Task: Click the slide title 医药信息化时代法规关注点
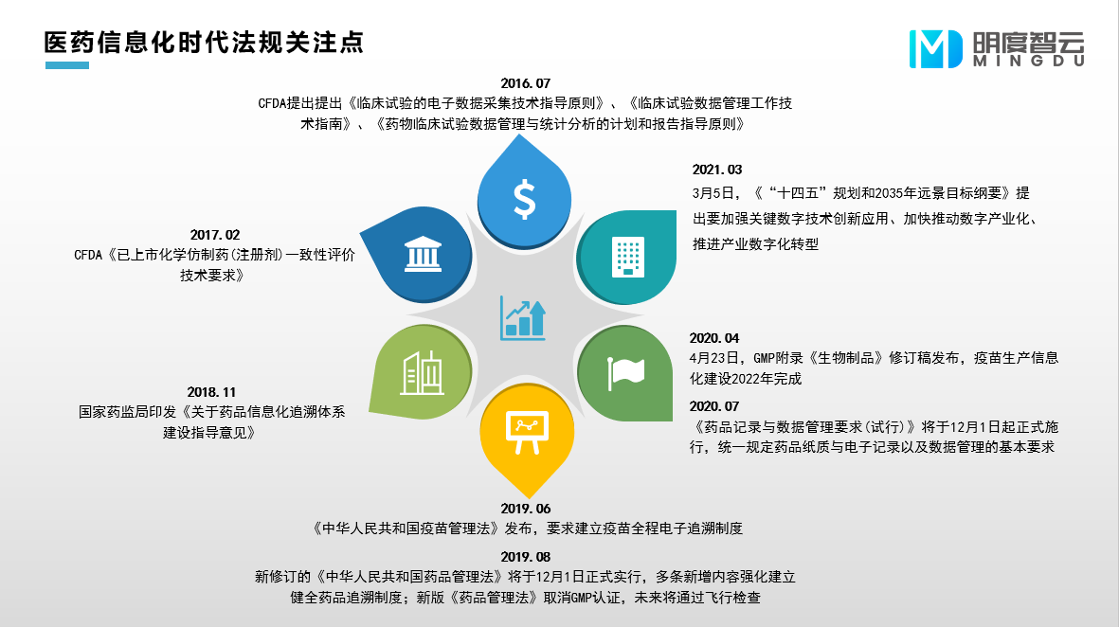(204, 43)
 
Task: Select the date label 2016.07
(526, 83)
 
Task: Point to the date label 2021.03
(716, 170)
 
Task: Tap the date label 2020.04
(714, 337)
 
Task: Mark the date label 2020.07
(714, 405)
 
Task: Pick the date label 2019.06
(525, 509)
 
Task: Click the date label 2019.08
(525, 557)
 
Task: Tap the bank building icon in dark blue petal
(423, 254)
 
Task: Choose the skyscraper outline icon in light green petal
(423, 371)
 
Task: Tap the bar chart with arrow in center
(524, 318)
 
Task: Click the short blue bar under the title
(66, 65)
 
